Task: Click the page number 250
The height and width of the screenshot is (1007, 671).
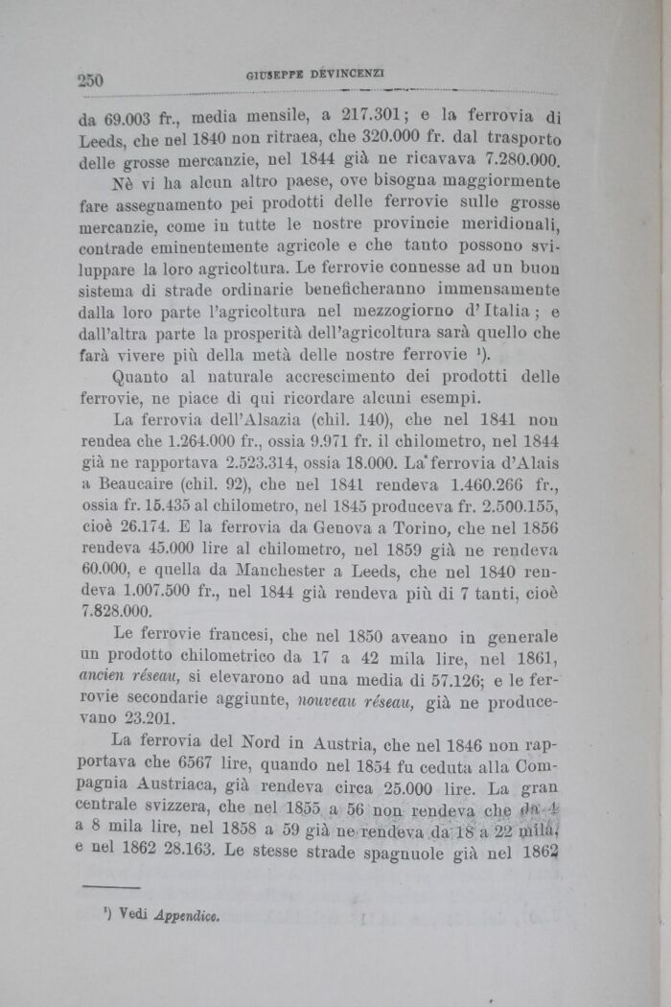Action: [x=90, y=80]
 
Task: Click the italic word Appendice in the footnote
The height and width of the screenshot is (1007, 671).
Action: [x=187, y=915]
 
